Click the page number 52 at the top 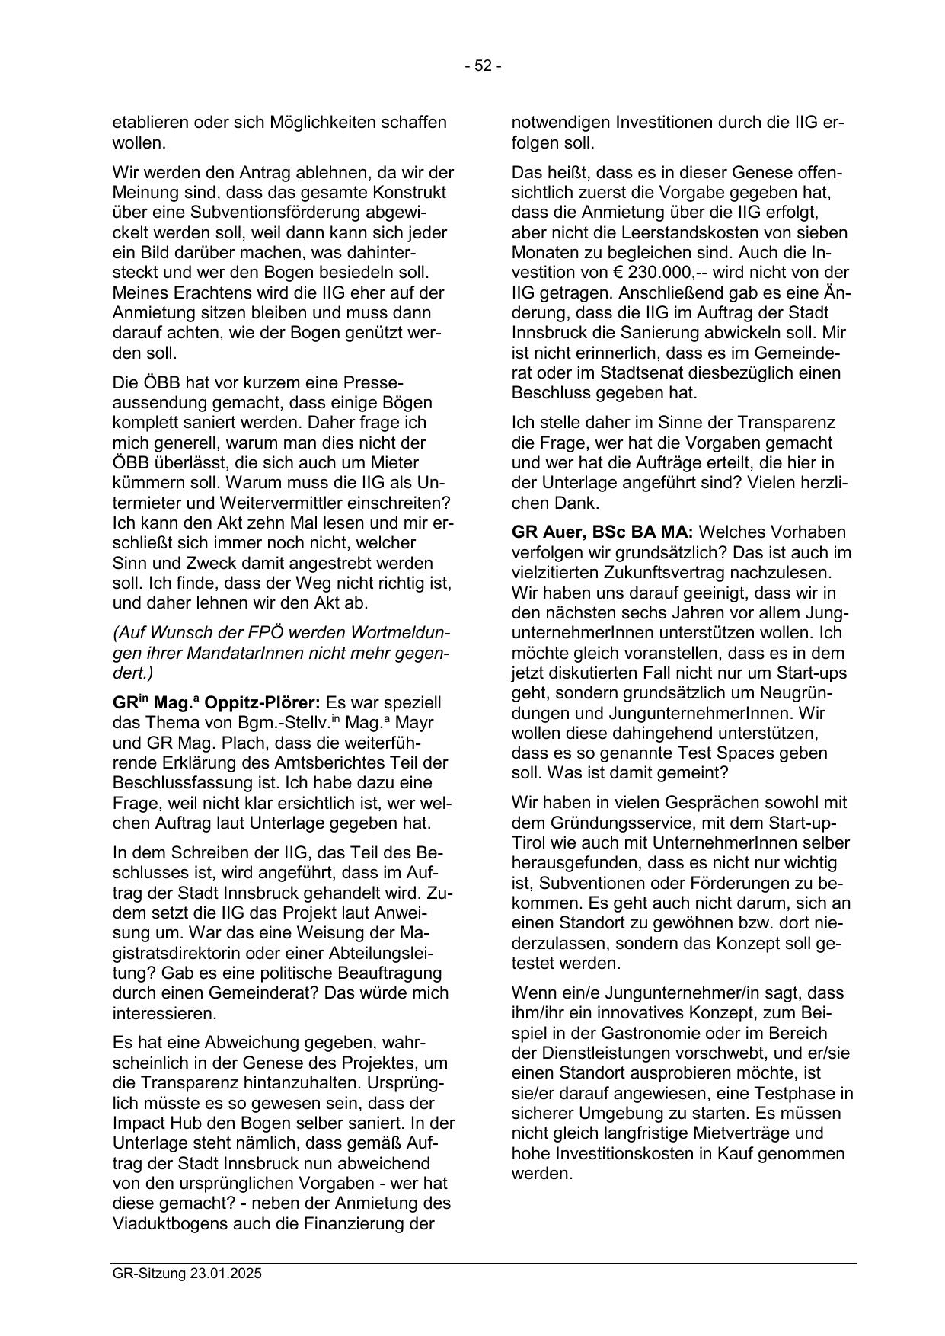[x=483, y=66]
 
